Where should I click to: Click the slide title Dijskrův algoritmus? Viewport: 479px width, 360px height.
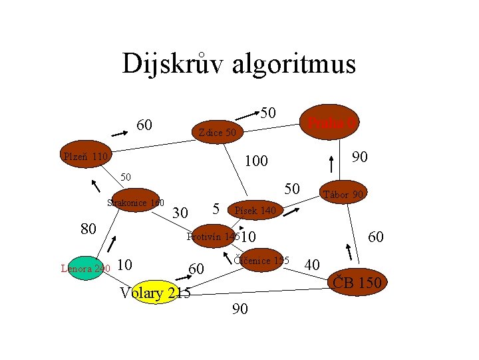point(239,64)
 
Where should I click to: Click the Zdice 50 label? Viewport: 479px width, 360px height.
point(217,133)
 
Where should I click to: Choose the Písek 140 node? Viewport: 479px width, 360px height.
point(256,211)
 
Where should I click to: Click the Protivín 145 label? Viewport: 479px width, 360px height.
point(213,237)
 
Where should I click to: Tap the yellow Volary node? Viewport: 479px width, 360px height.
point(155,293)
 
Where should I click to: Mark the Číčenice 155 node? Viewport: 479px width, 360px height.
point(261,260)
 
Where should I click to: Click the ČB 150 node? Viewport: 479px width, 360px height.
point(357,283)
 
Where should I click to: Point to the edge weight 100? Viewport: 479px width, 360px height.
point(256,161)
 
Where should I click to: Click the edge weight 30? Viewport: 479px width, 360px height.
point(180,213)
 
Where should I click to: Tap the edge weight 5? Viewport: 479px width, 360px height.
point(217,207)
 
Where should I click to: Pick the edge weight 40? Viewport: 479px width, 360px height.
point(312,265)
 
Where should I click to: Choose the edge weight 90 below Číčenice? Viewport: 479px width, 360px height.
point(240,309)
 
